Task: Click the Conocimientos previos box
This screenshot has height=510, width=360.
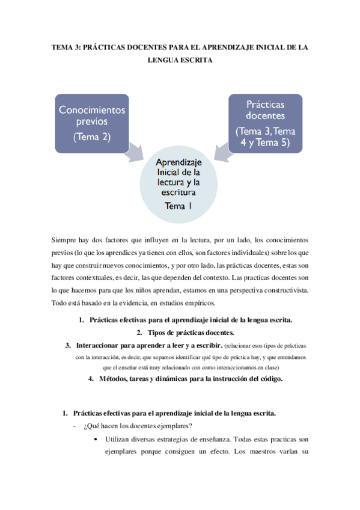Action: [x=92, y=123]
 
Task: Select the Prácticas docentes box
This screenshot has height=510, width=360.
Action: [x=266, y=122]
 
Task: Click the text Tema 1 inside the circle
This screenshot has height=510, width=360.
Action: [x=179, y=206]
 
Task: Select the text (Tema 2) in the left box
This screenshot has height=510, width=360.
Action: [x=92, y=137]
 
